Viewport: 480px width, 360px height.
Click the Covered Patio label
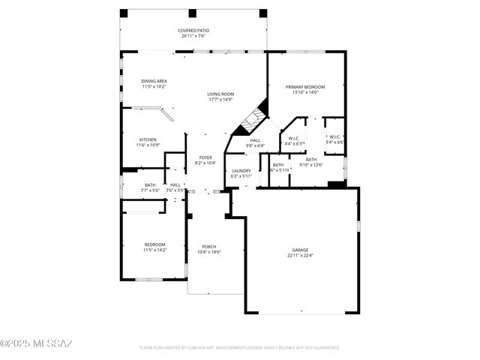coord(192,30)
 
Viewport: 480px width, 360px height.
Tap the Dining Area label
coord(154,81)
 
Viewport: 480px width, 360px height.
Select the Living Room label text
coord(220,94)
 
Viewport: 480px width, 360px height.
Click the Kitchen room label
coord(148,139)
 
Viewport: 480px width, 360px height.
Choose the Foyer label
coord(205,157)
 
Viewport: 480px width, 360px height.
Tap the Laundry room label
coord(241,170)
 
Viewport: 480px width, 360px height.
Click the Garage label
coord(300,250)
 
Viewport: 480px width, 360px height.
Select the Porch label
coord(208,247)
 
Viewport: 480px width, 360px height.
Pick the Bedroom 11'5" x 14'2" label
coord(154,244)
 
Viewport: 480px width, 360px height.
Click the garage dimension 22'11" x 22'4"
coord(300,255)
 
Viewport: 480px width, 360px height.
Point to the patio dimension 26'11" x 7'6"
coord(192,35)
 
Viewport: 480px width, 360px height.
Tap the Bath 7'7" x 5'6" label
coord(150,184)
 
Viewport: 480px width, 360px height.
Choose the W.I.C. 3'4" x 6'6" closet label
coord(334,137)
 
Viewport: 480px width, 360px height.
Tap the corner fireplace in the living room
coord(253,118)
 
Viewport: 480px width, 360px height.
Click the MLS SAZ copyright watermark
coord(36,344)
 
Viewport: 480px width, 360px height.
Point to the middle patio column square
coord(192,13)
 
